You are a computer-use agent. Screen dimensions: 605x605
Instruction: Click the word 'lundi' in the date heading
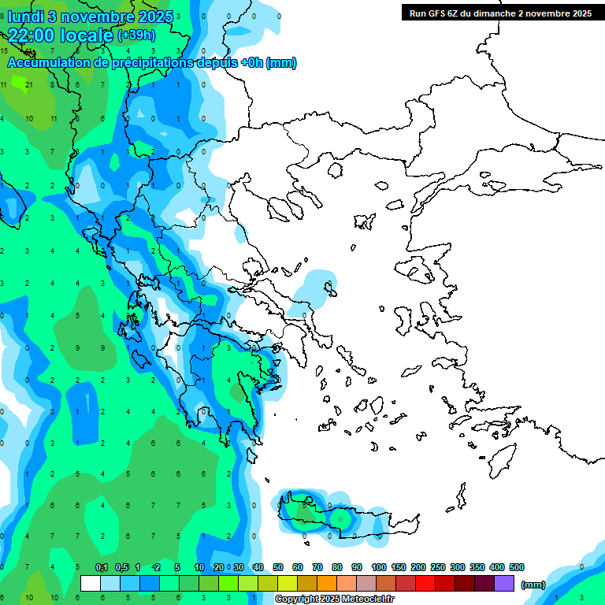point(26,17)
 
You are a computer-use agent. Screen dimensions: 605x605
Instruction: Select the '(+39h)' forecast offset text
point(136,35)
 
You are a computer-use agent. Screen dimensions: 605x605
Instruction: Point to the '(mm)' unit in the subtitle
point(281,63)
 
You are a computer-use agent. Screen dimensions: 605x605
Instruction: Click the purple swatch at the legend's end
point(505,584)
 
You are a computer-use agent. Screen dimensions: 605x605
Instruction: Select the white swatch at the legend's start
point(91,584)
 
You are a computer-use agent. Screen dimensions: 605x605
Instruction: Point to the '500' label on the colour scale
point(517,567)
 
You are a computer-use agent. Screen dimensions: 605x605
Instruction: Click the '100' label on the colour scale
point(379,567)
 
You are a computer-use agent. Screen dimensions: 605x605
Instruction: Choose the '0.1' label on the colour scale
point(102,567)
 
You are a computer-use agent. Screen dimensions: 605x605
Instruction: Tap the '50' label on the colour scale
point(279,567)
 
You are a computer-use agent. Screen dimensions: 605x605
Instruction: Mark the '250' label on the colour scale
point(438,567)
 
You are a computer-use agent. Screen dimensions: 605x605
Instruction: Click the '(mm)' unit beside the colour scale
point(533,585)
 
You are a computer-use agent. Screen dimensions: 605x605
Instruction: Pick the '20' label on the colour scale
point(219,567)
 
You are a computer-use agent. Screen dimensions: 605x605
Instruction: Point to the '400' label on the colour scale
point(497,567)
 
